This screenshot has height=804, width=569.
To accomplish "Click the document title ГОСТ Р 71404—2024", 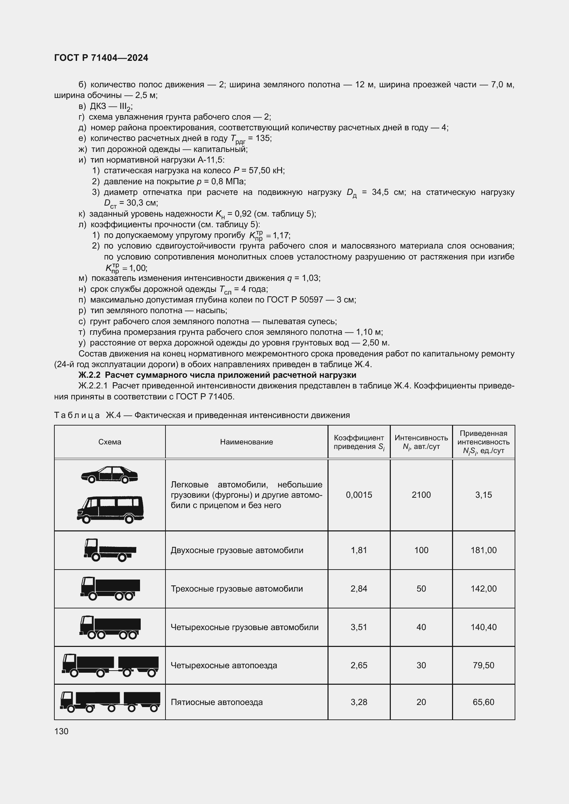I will (x=101, y=58).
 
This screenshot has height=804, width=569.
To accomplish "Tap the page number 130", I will (x=61, y=731).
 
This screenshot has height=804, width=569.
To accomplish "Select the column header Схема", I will (x=110, y=442).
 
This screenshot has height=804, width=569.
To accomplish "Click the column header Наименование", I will (x=246, y=442).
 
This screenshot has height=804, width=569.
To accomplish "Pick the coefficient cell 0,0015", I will (x=359, y=495).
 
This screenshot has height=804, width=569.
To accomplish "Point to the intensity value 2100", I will (x=421, y=495).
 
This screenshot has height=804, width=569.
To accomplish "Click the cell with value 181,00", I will (x=483, y=550).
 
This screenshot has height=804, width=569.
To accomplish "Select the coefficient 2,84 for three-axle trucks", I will (x=359, y=588).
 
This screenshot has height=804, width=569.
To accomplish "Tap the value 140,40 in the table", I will (x=483, y=627).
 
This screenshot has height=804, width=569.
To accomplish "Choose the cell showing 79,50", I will (x=483, y=665).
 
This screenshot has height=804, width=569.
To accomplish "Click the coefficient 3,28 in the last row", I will (x=359, y=702).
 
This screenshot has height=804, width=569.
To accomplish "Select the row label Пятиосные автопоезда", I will (x=216, y=702).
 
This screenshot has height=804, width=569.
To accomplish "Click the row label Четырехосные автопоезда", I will (x=224, y=665).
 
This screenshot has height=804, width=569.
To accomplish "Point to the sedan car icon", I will (x=109, y=475).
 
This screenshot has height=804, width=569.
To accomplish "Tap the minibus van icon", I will (x=110, y=509).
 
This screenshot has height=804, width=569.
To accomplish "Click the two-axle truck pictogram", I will (x=110, y=550).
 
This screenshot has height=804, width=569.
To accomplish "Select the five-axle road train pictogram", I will (x=110, y=702).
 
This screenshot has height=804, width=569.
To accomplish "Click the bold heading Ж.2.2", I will (x=89, y=375).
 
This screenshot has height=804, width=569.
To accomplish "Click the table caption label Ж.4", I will (x=113, y=415).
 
